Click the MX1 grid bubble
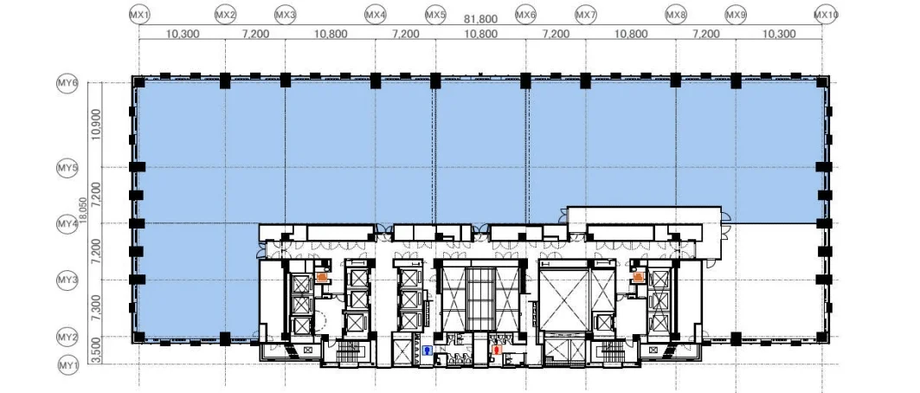pyautogui.click(x=139, y=14)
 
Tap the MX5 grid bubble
pyautogui.click(x=435, y=14)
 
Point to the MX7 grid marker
pyautogui.click(x=586, y=14)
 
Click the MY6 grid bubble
pyautogui.click(x=68, y=83)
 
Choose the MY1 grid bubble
pyautogui.click(x=68, y=366)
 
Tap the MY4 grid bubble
pyautogui.click(x=68, y=224)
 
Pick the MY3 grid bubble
pyautogui.click(x=68, y=280)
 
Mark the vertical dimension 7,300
pyautogui.click(x=97, y=309)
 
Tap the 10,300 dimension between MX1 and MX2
pyautogui.click(x=183, y=34)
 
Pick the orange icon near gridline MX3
pyautogui.click(x=322, y=278)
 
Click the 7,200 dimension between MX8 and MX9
pyautogui.click(x=706, y=34)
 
